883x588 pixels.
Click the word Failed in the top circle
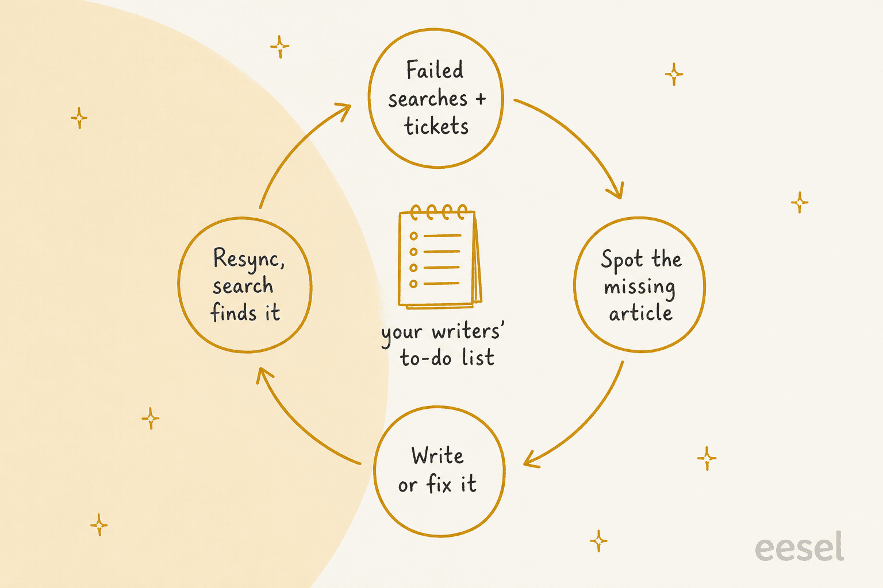coord(435,70)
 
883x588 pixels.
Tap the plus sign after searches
coord(481,99)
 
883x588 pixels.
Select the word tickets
coord(436,126)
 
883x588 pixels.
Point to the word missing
coord(639,287)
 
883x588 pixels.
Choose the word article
coord(640,313)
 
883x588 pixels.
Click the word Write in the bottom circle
coord(437,456)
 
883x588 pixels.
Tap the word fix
coord(439,483)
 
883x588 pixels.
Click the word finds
coord(234,313)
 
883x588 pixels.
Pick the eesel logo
coord(799,547)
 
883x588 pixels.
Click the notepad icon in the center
coord(440,256)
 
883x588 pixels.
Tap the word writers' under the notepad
coord(468,331)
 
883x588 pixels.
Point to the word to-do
coord(427,358)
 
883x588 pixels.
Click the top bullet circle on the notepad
coord(413,236)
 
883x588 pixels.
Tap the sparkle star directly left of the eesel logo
coord(598,541)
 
